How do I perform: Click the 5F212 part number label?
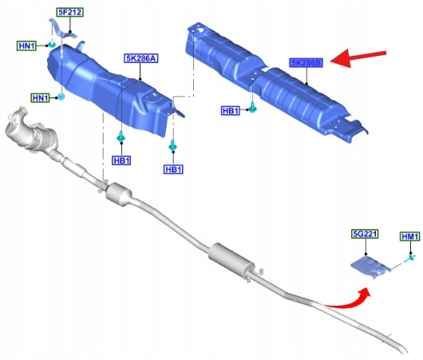(70, 13)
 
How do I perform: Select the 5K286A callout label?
(141, 58)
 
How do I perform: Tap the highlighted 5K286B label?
(306, 63)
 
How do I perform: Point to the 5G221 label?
(365, 234)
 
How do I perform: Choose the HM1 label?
(410, 236)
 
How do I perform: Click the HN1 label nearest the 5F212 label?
(26, 45)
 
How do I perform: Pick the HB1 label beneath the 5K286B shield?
(231, 111)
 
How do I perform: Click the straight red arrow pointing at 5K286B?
(358, 57)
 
